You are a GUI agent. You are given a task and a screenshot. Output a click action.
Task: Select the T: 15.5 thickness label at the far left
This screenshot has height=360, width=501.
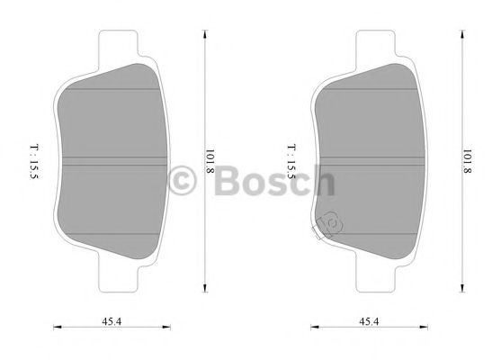(35, 163)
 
